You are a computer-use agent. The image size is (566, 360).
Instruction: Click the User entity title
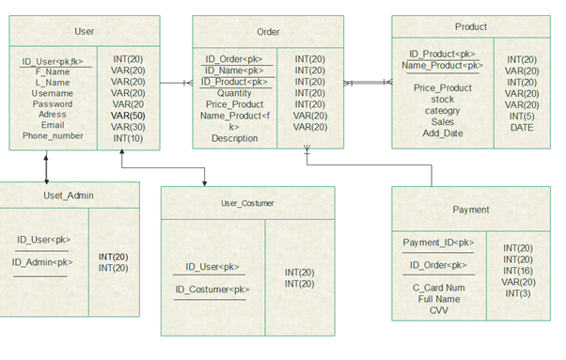84,32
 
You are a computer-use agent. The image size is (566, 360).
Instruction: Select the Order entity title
268,32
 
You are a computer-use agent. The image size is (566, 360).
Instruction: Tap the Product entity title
470,27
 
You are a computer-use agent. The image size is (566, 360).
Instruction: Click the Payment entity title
470,210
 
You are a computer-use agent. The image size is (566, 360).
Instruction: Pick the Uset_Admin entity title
69,196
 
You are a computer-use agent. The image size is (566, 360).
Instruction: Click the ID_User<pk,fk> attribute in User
53,62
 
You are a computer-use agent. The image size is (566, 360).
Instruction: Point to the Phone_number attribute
53,136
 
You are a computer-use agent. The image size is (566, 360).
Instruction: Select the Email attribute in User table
53,125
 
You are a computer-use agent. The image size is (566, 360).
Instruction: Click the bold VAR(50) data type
128,116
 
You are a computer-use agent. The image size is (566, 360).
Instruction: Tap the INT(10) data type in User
128,138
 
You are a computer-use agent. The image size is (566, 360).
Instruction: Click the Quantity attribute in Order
234,93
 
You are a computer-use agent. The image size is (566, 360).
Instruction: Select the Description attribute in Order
234,138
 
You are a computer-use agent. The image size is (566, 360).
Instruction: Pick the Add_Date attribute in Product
443,133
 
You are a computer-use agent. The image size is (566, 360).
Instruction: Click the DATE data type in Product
522,128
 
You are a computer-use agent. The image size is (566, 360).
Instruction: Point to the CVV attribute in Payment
439,310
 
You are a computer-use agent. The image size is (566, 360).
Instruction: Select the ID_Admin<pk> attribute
42,262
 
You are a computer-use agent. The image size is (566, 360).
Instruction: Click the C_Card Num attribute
439,288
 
